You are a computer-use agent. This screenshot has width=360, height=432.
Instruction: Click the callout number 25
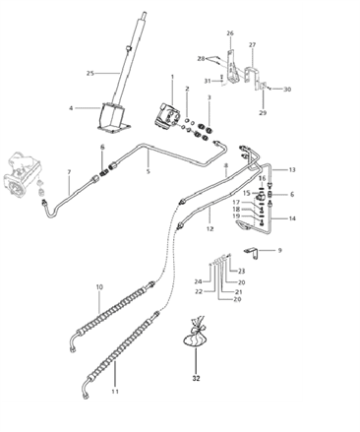(90, 74)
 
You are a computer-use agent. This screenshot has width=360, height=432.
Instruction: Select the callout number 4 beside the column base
(71, 108)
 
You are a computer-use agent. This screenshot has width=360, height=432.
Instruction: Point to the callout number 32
(194, 377)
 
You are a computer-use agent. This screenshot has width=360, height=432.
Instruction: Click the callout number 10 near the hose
(99, 287)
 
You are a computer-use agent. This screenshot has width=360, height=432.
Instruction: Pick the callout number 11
(114, 392)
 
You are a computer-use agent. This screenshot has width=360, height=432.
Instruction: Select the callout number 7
(68, 173)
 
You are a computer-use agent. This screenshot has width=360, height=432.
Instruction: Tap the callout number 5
(149, 171)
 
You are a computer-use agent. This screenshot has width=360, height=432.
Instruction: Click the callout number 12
(209, 228)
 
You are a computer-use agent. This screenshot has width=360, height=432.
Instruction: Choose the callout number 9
(278, 251)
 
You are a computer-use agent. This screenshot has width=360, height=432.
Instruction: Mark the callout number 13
(291, 170)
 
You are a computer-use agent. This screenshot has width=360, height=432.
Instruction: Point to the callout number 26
(230, 33)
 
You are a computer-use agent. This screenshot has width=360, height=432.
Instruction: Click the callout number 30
(287, 90)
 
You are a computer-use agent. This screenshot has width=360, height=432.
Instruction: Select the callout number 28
(201, 58)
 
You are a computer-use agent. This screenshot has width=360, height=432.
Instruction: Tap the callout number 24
(198, 281)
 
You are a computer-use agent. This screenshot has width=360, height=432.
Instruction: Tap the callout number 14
(292, 217)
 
